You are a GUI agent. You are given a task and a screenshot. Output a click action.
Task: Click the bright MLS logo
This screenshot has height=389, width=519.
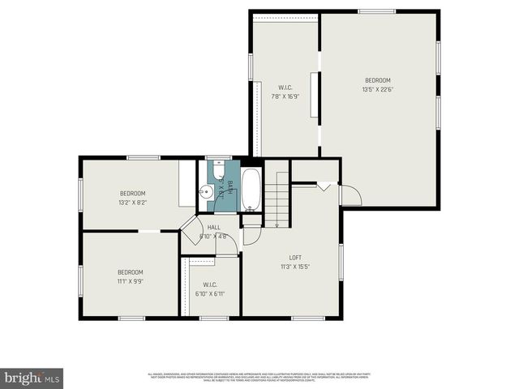[32, 378]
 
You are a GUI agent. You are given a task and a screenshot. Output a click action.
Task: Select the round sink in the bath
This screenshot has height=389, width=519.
[206, 193]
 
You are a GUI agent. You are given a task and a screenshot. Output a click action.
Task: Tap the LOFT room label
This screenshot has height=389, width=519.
[295, 258]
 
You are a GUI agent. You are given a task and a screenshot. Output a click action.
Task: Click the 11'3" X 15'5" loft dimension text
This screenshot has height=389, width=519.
[295, 266]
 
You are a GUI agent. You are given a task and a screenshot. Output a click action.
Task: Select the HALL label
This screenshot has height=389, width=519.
[213, 228]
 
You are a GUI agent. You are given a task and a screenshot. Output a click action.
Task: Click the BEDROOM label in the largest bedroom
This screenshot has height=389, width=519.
[377, 80]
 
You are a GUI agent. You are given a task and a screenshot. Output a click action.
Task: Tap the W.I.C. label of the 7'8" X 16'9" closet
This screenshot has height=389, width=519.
[285, 88]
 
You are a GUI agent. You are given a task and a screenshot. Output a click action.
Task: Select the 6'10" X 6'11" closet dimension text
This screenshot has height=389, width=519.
[209, 293]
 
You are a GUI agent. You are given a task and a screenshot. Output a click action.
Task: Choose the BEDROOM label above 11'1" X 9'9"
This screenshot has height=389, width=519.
[130, 272]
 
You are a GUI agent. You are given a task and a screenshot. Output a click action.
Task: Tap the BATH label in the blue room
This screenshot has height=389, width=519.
[229, 186]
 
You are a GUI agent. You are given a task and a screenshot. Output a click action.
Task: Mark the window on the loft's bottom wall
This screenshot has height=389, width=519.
[308, 318]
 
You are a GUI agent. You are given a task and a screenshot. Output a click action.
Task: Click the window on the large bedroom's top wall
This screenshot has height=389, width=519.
[377, 11]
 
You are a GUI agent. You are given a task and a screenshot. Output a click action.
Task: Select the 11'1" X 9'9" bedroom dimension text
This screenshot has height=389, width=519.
[130, 280]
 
